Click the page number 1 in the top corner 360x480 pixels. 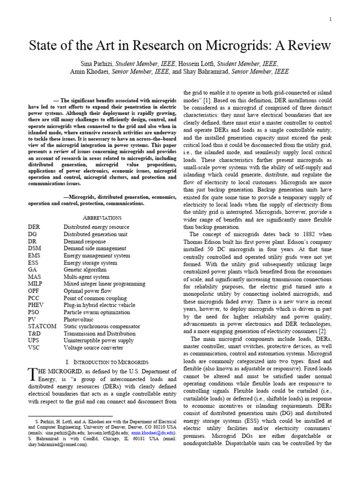tap(330, 19)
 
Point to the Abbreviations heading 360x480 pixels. tap(102, 218)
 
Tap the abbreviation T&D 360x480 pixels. tap(36, 333)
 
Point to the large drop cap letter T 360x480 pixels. tap(32, 374)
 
